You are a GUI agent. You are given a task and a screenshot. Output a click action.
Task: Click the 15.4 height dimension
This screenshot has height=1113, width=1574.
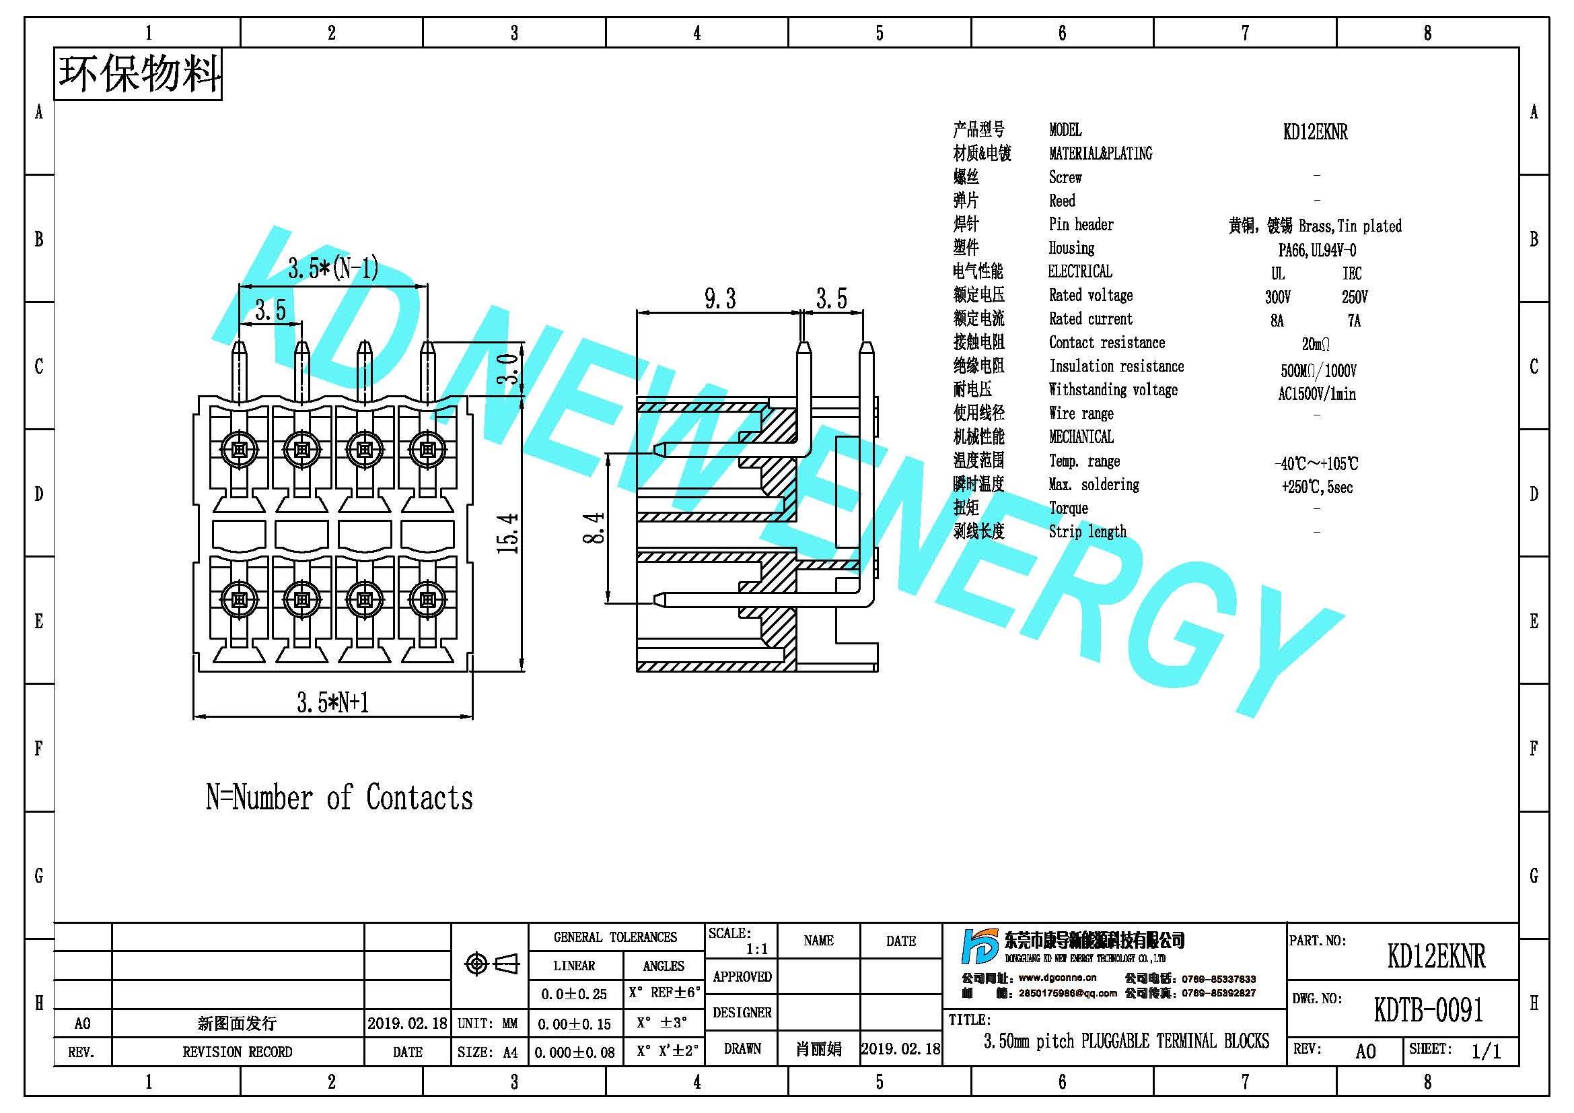point(508,533)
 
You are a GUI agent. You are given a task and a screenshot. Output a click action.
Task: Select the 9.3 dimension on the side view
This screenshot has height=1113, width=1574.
point(720,299)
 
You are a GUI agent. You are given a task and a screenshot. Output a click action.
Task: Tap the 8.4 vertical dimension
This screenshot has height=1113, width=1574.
point(594,527)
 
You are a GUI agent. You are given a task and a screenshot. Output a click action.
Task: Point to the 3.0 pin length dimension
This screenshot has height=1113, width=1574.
point(508,369)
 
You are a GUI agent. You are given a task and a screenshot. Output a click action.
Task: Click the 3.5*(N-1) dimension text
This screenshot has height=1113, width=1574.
point(333,268)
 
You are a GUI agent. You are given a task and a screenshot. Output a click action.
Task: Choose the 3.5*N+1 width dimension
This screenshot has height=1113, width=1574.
point(333,702)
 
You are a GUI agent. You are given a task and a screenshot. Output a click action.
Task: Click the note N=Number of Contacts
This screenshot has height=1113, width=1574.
point(339,797)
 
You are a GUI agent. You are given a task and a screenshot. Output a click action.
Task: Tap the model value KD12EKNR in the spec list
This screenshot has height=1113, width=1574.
point(1315,132)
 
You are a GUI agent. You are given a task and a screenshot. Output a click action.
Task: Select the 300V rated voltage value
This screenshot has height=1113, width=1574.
point(1278,297)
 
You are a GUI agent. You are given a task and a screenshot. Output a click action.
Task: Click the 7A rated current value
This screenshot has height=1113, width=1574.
point(1354,321)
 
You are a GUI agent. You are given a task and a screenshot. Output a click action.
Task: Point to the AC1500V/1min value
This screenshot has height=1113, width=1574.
point(1317,395)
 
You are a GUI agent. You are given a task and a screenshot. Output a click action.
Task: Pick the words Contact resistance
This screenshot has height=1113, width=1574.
point(1106,342)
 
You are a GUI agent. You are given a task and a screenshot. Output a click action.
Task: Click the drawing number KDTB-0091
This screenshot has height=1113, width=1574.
point(1429,1009)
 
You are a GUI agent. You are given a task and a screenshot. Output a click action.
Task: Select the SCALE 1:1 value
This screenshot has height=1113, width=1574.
point(757,949)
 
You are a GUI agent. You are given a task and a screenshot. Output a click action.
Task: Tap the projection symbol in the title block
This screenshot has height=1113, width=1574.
point(491,964)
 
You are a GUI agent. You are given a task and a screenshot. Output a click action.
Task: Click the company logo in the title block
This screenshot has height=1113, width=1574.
point(980,947)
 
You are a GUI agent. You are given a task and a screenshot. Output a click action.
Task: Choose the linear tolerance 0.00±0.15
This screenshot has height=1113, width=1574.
point(574,1024)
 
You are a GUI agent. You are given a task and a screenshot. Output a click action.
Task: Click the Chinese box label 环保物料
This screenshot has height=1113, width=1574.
point(139,73)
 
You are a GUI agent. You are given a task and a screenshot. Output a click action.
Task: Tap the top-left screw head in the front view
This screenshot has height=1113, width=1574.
point(240,450)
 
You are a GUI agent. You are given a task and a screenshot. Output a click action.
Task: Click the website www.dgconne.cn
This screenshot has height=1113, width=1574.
point(1057,978)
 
